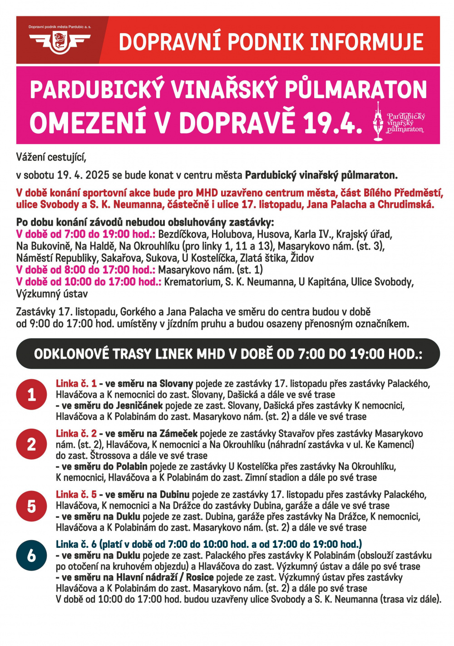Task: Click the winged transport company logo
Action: pyautogui.click(x=59, y=42)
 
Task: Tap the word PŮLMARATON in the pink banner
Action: pyautogui.click(x=355, y=90)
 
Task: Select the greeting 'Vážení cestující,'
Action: pyautogui.click(x=51, y=157)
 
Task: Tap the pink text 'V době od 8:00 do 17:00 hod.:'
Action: pyautogui.click(x=86, y=270)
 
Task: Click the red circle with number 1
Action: pyautogui.click(x=31, y=394)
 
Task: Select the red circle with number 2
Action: pyautogui.click(x=31, y=444)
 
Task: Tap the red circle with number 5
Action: pyautogui.click(x=31, y=506)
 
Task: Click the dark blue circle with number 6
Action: pyautogui.click(x=31, y=555)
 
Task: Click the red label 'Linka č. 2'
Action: pyautogui.click(x=76, y=433)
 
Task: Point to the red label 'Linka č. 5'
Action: pyautogui.click(x=76, y=494)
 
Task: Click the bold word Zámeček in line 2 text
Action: pyautogui.click(x=179, y=433)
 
